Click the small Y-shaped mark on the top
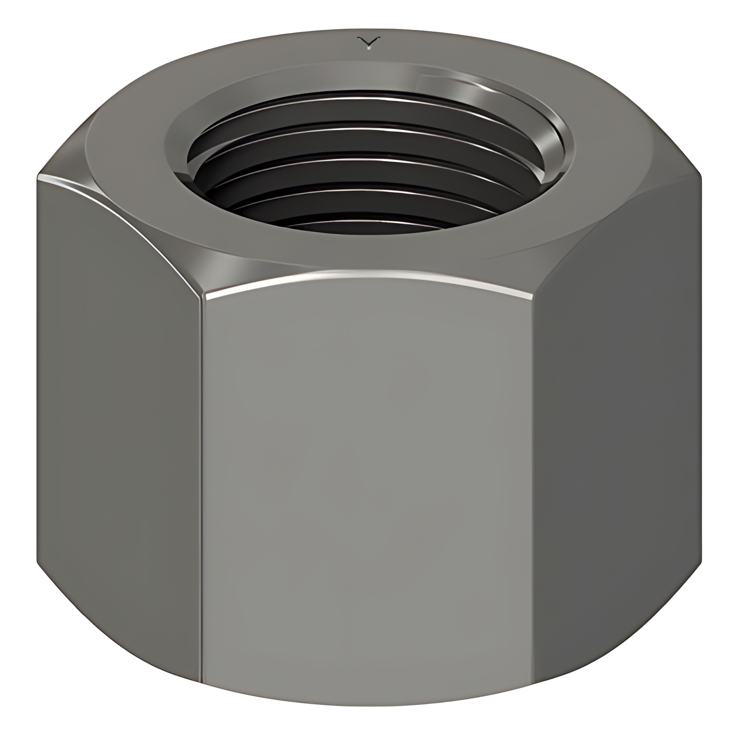368,42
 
